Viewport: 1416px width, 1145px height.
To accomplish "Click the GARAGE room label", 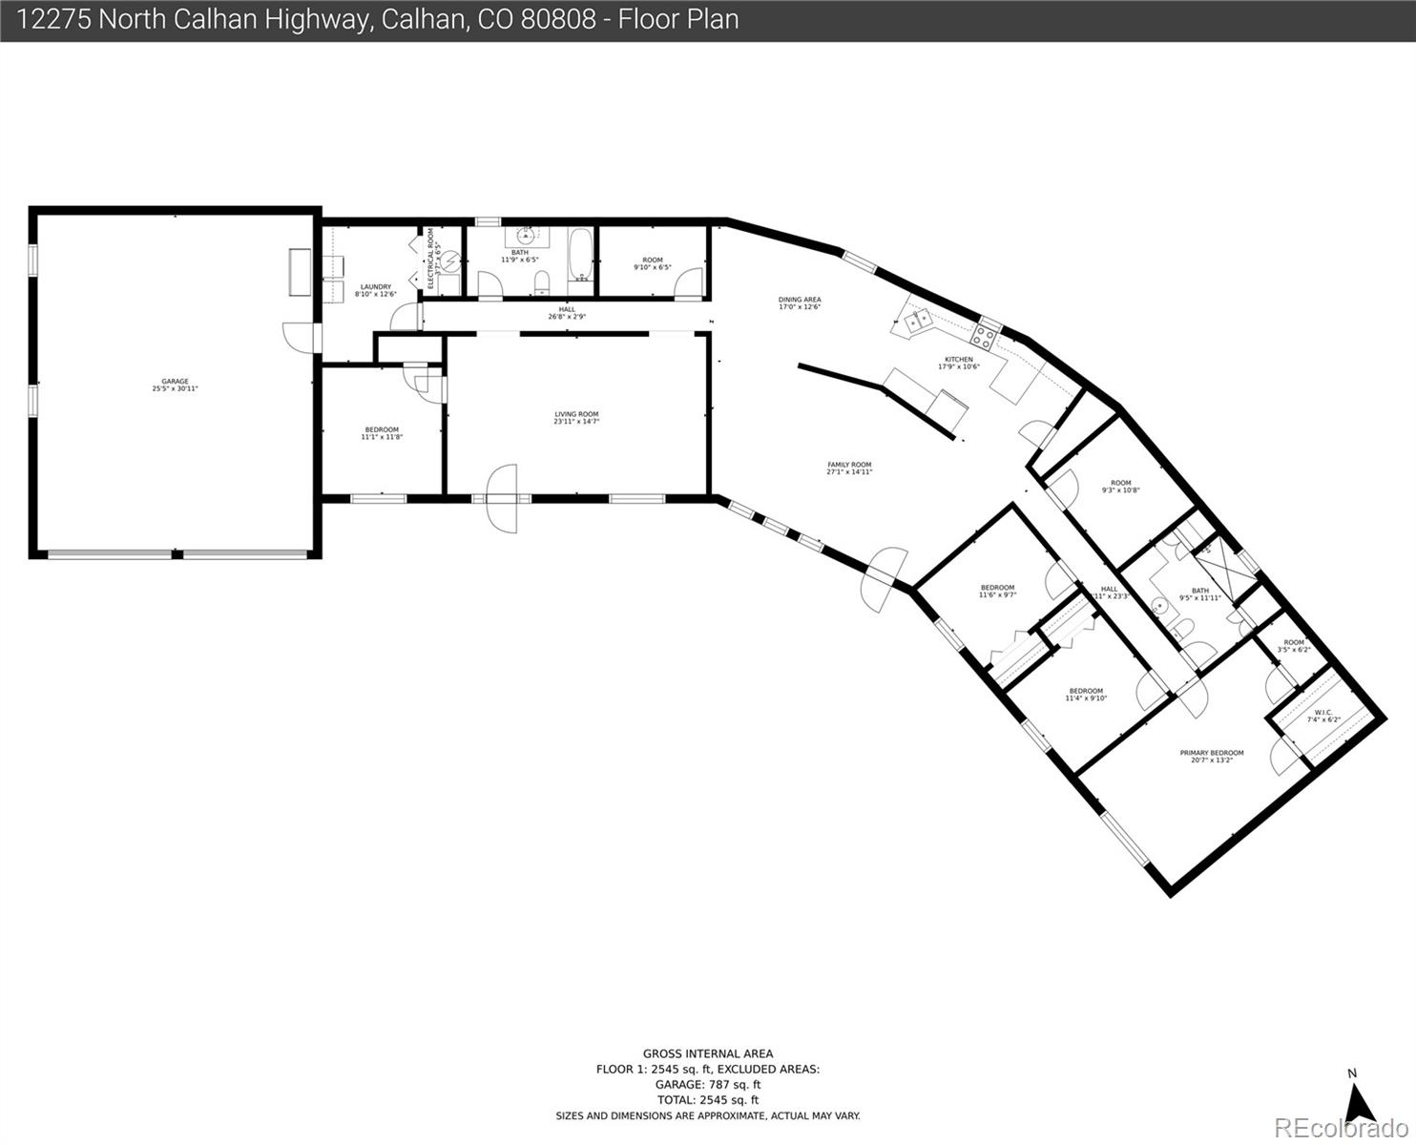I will [175, 381].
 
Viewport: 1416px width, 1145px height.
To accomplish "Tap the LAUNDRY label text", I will [375, 286].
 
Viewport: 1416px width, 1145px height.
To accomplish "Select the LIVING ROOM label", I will [576, 414].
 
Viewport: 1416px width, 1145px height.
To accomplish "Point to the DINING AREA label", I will [800, 300].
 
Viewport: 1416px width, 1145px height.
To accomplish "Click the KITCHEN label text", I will [959, 360].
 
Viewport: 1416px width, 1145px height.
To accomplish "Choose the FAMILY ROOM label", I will [849, 465].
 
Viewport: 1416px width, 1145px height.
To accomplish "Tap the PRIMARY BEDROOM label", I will [1212, 753].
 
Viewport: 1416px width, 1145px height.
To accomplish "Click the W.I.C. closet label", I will [1323, 712].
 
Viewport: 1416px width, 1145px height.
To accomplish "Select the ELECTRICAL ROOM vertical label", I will [430, 258].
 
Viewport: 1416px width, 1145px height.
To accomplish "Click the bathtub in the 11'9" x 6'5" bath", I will [580, 255].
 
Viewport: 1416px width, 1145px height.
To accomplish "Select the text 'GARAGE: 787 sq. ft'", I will [707, 1085].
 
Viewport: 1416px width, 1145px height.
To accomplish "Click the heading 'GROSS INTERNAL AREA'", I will [707, 1054].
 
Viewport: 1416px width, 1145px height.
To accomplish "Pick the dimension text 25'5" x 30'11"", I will [175, 388].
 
